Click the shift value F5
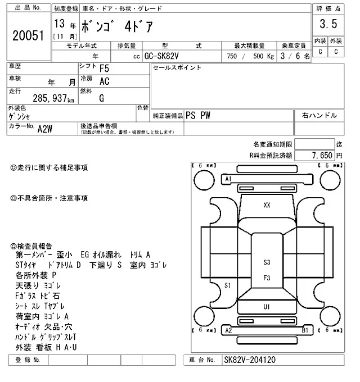[x=105, y=69]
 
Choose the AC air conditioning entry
[x=104, y=81]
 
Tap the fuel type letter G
[x=102, y=98]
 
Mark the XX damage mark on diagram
[x=267, y=206]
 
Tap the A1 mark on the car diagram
[x=229, y=179]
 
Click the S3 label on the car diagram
[x=267, y=262]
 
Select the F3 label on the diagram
[x=267, y=278]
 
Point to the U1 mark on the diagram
[x=267, y=306]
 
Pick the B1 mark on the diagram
[x=305, y=331]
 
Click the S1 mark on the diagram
[x=228, y=285]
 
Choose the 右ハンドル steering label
[x=319, y=115]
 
